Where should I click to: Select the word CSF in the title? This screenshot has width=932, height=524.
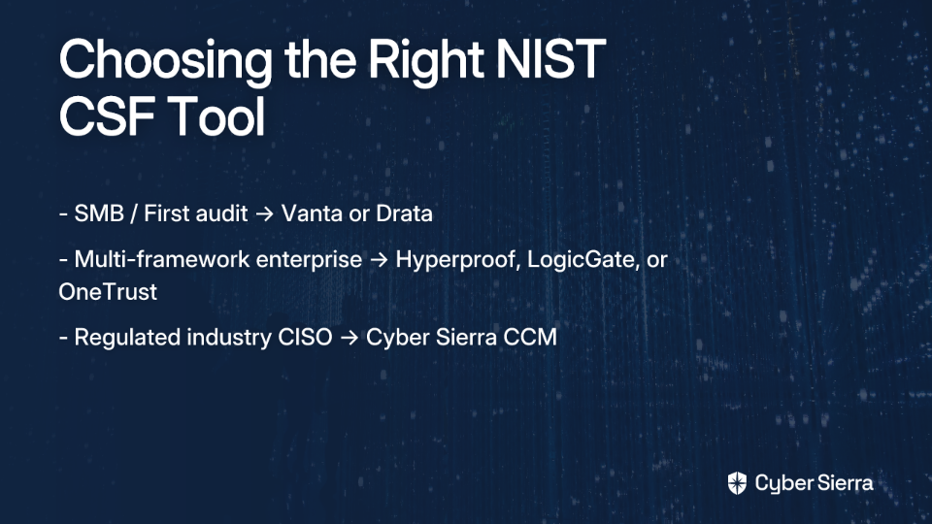click(x=107, y=116)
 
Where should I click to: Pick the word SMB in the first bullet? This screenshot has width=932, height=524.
click(x=99, y=213)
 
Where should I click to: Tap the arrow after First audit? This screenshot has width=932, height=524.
click(x=264, y=213)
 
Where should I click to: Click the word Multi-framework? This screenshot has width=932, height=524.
click(x=217, y=259)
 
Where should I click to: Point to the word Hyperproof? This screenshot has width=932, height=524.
click(x=458, y=260)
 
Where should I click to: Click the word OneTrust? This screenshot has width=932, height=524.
click(x=108, y=292)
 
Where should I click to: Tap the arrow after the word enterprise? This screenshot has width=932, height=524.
click(x=379, y=260)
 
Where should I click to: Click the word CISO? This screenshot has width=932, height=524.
click(x=306, y=337)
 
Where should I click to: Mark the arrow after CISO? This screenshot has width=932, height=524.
click(x=349, y=338)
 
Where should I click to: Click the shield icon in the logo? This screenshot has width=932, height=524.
click(x=737, y=483)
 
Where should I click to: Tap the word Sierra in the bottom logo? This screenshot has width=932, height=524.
click(x=843, y=483)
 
